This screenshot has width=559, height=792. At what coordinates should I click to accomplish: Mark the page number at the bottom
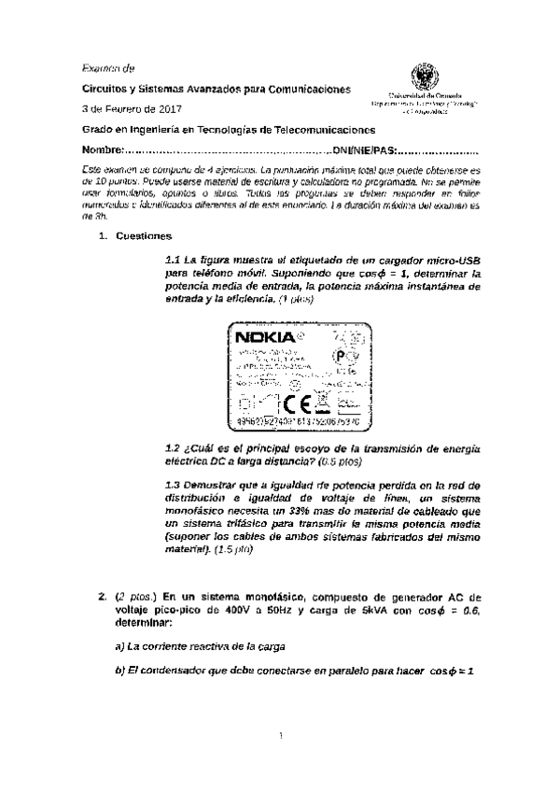[x=280, y=739]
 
